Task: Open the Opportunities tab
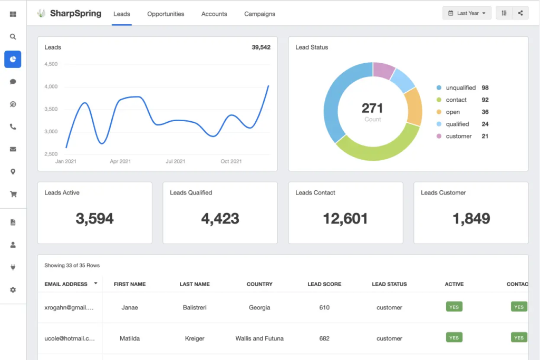(166, 14)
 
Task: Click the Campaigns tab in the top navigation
(259, 14)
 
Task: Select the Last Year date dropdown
(467, 13)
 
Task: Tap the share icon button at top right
(520, 13)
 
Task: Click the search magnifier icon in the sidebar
(13, 36)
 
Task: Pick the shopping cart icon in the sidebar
(13, 194)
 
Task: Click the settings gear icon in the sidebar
(13, 290)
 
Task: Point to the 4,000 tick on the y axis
(51, 86)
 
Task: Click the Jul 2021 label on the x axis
(175, 161)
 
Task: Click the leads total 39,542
(261, 47)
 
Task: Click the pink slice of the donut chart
(383, 70)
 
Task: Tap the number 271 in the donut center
(372, 108)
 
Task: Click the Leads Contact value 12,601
(345, 218)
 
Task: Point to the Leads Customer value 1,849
(471, 218)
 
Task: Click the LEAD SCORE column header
(324, 284)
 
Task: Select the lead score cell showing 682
(324, 338)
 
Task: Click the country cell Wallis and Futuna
(259, 338)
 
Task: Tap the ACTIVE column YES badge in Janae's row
(454, 307)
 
